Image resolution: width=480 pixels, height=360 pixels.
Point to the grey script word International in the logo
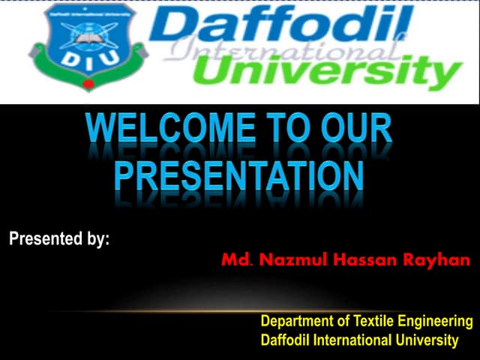(x=277, y=51)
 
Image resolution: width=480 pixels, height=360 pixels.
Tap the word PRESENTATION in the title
(x=239, y=175)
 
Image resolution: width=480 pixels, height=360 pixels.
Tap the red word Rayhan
(x=438, y=261)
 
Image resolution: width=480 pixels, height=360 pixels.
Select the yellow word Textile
(x=370, y=322)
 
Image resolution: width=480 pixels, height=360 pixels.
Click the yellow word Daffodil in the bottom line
(x=282, y=340)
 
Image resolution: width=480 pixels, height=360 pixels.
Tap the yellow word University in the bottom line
(x=427, y=340)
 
